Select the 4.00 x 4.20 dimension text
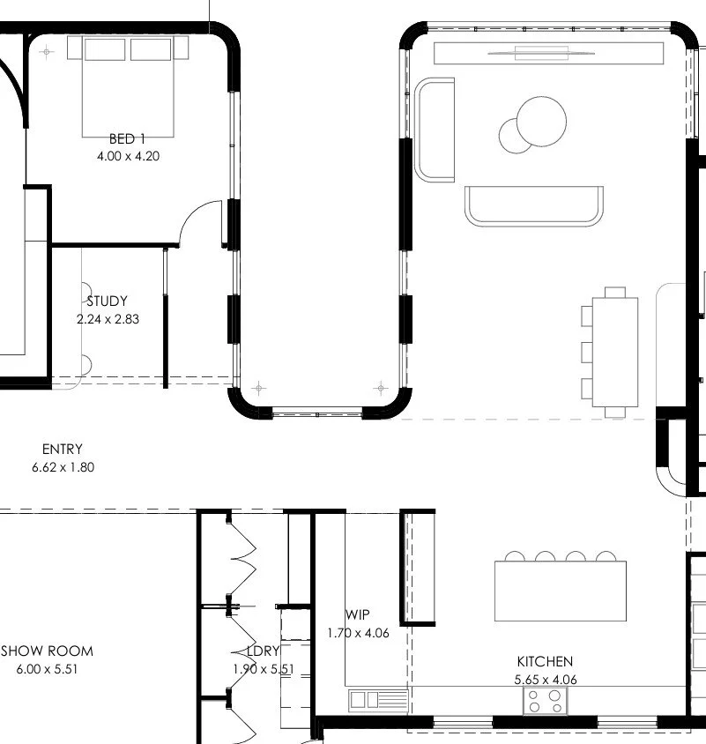point(128,156)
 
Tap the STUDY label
point(108,301)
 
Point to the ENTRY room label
point(62,450)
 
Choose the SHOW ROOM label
point(47,651)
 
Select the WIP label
point(357,614)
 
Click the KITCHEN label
point(544,661)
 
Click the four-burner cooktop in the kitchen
point(546,701)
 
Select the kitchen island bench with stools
point(561,590)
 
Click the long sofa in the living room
point(534,206)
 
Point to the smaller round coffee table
point(516,135)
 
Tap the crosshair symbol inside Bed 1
point(48,52)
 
